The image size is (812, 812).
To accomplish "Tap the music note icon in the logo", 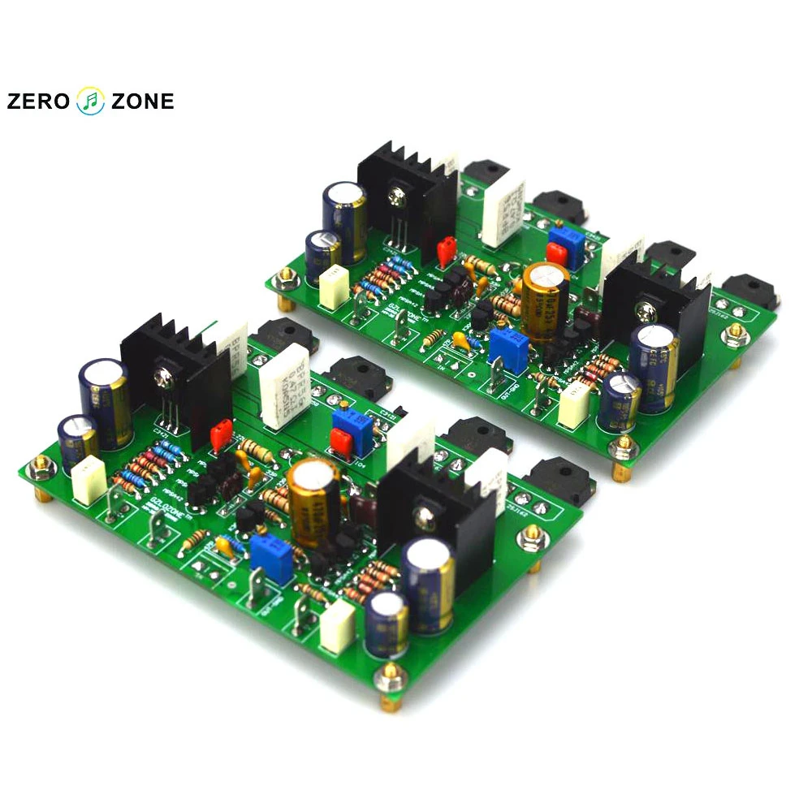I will (x=90, y=101).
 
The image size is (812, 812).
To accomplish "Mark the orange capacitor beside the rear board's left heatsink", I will (x=445, y=252).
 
